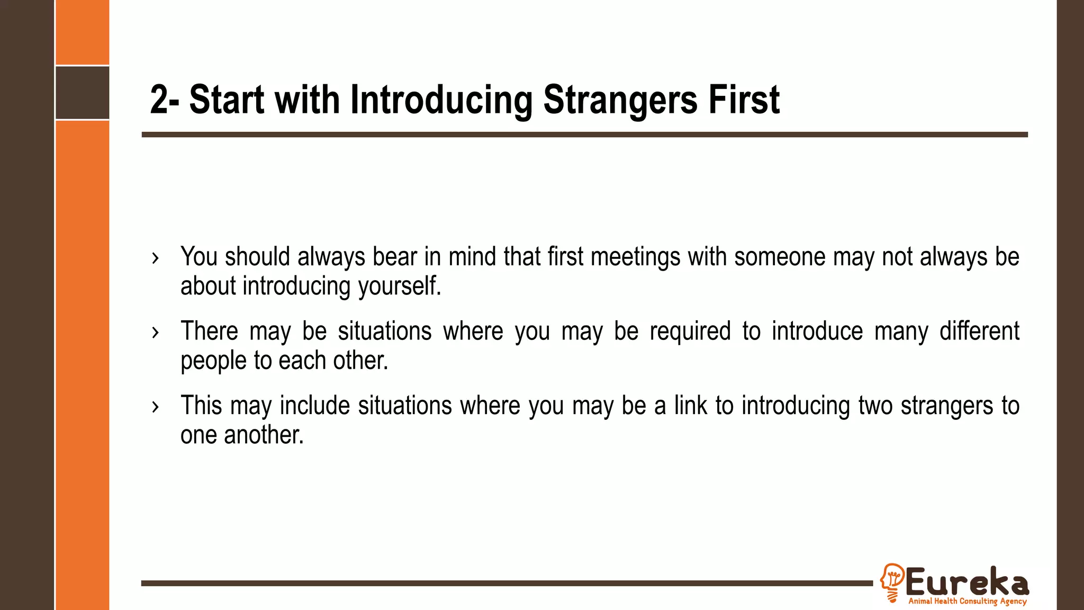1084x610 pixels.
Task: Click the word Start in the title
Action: [x=227, y=100]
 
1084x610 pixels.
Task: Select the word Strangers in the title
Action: [x=620, y=100]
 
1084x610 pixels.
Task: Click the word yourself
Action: [x=400, y=286]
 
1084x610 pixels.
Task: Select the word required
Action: [x=690, y=331]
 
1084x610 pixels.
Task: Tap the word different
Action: [x=979, y=331]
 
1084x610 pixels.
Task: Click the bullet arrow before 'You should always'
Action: [x=155, y=258]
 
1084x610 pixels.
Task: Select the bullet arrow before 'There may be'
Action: [x=155, y=333]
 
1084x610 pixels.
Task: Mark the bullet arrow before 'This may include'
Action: [x=155, y=407]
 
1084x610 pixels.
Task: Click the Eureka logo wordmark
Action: [x=967, y=582]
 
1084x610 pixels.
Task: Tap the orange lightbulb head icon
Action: [x=892, y=582]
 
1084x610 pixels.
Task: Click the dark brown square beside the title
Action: [x=83, y=93]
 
